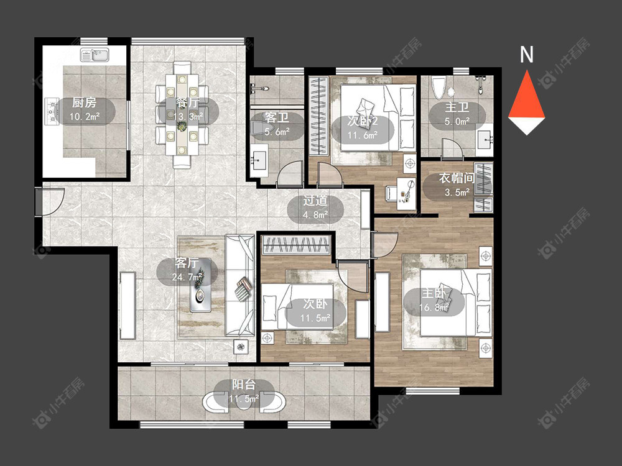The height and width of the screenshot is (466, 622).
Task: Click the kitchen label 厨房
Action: click(x=84, y=103)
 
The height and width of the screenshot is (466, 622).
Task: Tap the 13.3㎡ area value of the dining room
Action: click(x=188, y=117)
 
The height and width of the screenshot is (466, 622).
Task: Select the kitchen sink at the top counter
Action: click(x=95, y=55)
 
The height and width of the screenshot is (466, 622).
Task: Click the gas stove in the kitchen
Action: click(x=52, y=111)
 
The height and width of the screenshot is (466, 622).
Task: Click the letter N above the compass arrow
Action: click(x=526, y=55)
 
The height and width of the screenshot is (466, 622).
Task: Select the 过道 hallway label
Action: click(x=315, y=201)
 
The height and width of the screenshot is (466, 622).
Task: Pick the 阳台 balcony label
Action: click(x=244, y=385)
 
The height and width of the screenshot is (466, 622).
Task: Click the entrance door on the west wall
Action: click(x=49, y=202)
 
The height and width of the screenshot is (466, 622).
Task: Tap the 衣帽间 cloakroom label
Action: click(x=456, y=178)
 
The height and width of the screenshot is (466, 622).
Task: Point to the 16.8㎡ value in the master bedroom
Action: click(x=434, y=308)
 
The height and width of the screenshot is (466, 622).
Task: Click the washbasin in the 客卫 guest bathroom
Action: click(x=259, y=160)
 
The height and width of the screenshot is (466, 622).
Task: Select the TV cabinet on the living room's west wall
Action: click(x=128, y=305)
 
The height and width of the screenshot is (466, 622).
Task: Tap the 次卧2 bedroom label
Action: click(x=363, y=121)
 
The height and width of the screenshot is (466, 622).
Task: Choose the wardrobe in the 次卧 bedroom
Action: click(x=296, y=244)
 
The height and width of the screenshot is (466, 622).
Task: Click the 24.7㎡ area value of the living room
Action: click(x=187, y=277)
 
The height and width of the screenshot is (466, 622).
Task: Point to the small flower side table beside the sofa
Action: click(x=241, y=347)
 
